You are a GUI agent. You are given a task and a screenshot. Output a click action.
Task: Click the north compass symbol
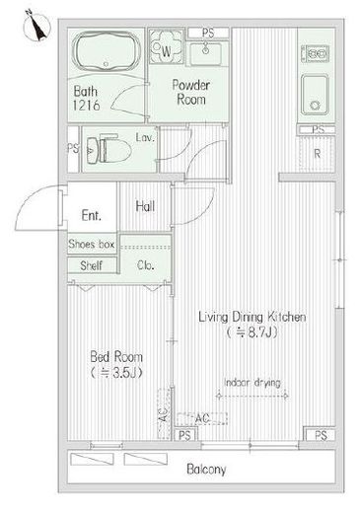pyautogui.click(x=36, y=26)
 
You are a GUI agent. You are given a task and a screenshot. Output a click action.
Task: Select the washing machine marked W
pyautogui.click(x=166, y=46)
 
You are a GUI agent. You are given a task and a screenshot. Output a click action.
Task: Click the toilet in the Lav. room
pyautogui.click(x=108, y=151)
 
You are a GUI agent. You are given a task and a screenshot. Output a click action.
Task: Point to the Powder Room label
pyautogui.click(x=191, y=92)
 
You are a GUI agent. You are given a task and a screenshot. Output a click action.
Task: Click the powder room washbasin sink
pyautogui.click(x=206, y=53)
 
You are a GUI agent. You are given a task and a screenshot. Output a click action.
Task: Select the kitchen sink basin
pyautogui.click(x=315, y=95)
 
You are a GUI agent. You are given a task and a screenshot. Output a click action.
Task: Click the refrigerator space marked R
pyautogui.click(x=317, y=154)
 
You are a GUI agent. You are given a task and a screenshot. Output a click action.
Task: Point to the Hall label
pyautogui.click(x=145, y=206)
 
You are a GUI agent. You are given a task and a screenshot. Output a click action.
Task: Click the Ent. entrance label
pyautogui.click(x=91, y=215)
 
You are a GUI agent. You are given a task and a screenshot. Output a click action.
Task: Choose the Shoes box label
pyautogui.click(x=92, y=244)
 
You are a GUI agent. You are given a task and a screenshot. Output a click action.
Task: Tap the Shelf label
pyautogui.click(x=91, y=265)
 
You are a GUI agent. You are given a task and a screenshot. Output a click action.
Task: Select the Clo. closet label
pyautogui.click(x=145, y=264)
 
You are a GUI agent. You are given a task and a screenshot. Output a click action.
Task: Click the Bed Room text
pyautogui.click(x=116, y=356)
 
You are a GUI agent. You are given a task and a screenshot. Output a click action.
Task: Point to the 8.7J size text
pyautogui.click(x=252, y=332)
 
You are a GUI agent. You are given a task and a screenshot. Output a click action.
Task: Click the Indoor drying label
pyautogui.click(x=252, y=383)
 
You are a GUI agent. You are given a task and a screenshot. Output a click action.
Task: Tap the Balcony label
pyautogui.click(x=206, y=469)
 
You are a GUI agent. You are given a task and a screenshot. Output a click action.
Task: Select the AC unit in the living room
pyautogui.click(x=202, y=418)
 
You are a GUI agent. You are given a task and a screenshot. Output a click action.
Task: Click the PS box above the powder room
pyautogui.click(x=208, y=33)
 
